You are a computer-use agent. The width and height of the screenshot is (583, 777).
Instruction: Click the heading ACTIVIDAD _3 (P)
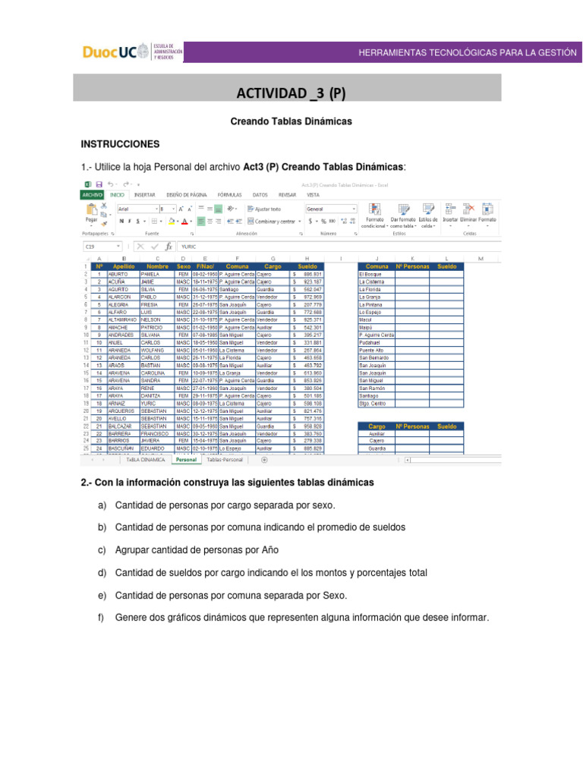coord(291,93)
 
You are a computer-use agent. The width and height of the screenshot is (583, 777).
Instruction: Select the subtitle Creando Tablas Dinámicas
coord(291,121)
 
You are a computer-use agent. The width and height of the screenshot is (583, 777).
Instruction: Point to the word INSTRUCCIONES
coord(120,143)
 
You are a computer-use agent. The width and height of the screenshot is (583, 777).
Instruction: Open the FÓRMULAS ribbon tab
coord(229,195)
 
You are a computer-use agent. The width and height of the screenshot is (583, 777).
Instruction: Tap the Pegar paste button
coord(91,213)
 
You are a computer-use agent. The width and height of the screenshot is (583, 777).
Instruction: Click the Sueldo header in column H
coord(307,267)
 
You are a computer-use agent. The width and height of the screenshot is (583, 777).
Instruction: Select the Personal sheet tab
coord(185,460)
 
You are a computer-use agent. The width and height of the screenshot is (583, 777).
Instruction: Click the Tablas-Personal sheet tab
coord(225,460)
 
